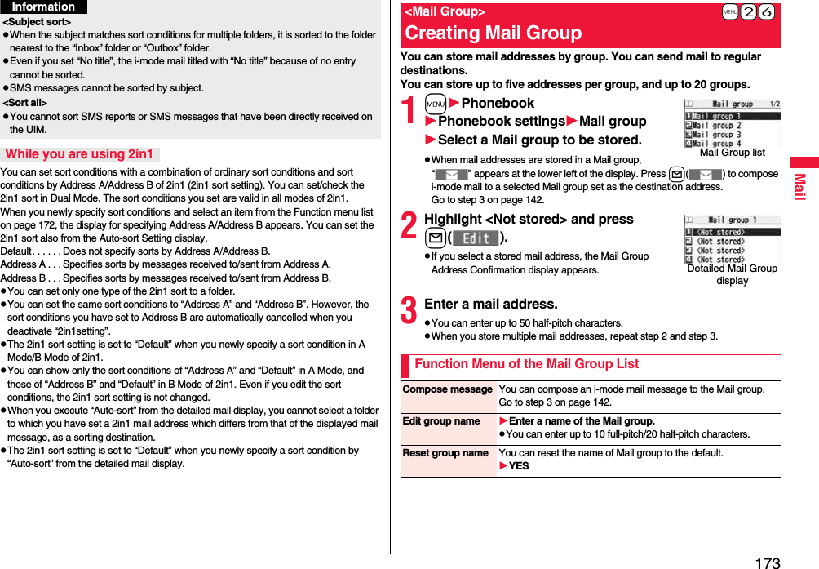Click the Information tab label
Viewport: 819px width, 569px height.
coord(43,7)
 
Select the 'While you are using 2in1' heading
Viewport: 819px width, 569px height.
coord(79,154)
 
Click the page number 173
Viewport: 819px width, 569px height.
coord(768,562)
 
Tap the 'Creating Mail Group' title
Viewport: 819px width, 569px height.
coord(494,33)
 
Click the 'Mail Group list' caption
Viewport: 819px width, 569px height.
coord(732,153)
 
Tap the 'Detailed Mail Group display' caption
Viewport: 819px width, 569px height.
coord(732,274)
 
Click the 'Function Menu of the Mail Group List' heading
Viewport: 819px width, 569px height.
coord(526,364)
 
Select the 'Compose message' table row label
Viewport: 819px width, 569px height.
coord(448,389)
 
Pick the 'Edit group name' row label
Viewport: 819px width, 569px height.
coord(441,421)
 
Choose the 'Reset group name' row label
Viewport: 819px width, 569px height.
coord(445,453)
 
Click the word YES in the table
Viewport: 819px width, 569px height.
coord(519,466)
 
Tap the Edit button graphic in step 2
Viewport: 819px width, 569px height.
coord(475,238)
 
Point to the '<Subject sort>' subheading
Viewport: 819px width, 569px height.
coord(37,22)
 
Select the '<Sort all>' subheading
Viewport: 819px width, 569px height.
coord(25,103)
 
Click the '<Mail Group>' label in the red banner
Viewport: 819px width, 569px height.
coord(445,11)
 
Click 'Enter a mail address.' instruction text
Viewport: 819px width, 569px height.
coord(491,305)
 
